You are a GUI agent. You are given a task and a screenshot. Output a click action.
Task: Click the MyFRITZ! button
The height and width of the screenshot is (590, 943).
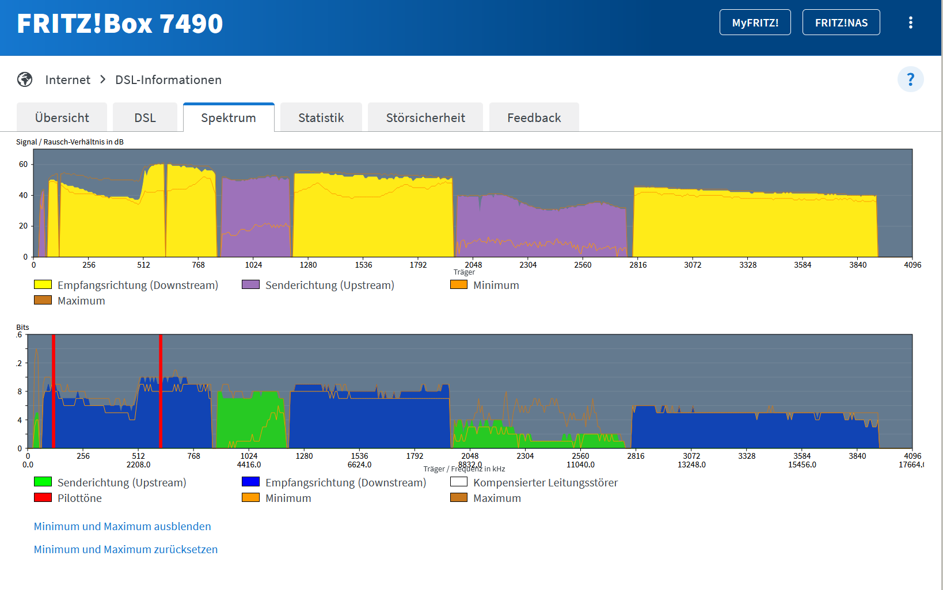(x=755, y=22)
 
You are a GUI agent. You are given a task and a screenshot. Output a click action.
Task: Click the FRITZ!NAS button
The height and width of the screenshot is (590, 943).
(x=841, y=22)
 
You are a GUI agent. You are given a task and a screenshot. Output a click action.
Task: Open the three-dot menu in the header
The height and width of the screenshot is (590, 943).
(x=910, y=22)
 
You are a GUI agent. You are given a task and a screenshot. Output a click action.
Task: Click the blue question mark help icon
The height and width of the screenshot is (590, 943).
(x=910, y=79)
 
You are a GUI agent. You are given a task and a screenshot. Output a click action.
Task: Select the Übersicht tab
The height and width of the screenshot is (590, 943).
(x=62, y=117)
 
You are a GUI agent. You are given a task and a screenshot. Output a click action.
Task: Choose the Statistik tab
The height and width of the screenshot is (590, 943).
(x=321, y=117)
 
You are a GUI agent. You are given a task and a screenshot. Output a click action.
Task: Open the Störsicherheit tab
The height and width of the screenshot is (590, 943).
(x=425, y=117)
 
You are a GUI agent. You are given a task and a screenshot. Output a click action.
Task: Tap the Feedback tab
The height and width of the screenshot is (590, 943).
(x=534, y=117)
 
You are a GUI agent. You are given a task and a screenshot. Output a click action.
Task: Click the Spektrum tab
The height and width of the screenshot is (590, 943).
(x=228, y=117)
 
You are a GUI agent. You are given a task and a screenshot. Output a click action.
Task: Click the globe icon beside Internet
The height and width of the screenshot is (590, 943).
(x=25, y=79)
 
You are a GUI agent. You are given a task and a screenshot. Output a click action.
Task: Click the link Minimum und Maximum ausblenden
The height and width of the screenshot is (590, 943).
(x=122, y=526)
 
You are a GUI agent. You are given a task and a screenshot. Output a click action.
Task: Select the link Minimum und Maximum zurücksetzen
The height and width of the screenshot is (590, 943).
(x=126, y=549)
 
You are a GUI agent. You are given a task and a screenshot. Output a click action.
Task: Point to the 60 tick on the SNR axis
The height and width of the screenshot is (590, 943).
(x=23, y=164)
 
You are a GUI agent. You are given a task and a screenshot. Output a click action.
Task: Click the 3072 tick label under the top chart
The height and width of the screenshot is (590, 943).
(x=693, y=265)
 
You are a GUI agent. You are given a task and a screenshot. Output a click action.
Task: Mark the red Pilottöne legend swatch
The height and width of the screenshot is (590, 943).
(x=43, y=497)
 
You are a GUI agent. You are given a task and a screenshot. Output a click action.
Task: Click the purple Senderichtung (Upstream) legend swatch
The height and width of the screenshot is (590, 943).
(x=250, y=284)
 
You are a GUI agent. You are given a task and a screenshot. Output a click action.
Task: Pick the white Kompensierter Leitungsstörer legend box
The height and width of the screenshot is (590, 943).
(x=458, y=482)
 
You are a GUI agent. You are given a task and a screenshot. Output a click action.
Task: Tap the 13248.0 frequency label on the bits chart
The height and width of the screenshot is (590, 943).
(x=691, y=465)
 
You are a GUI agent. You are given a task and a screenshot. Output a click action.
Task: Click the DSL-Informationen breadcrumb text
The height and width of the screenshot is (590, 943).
(x=168, y=79)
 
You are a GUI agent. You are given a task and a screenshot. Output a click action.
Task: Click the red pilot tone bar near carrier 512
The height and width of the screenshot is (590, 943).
(x=160, y=391)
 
